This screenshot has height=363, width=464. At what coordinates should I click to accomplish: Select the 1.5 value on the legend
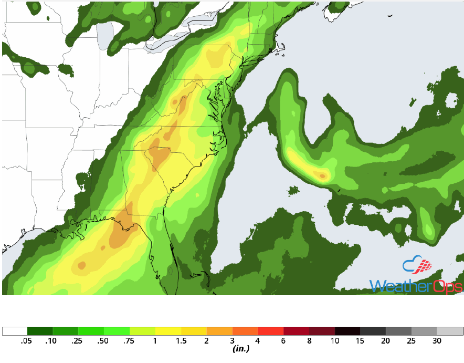pos(181,341)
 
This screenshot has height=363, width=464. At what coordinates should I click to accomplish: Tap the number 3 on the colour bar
pos(232,341)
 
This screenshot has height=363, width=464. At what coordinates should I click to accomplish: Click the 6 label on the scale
pos(283,341)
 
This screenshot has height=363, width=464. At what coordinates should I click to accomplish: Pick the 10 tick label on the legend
pos(334,341)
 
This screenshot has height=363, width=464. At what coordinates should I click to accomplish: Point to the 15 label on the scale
pos(360,341)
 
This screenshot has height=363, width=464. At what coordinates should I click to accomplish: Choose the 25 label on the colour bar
pos(412,341)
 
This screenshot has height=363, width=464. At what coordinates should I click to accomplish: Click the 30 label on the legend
pos(437,341)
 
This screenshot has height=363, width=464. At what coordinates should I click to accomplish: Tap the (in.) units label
pos(240,348)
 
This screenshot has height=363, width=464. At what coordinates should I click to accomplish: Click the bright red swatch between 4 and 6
pos(270,331)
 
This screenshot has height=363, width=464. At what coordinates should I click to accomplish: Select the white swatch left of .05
pos(15,331)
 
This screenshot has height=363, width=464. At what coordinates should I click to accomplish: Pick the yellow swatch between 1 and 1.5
pos(168,331)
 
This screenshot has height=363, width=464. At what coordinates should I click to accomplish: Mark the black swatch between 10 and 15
pos(347,331)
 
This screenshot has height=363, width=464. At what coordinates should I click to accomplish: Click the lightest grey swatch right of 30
pos(450,331)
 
